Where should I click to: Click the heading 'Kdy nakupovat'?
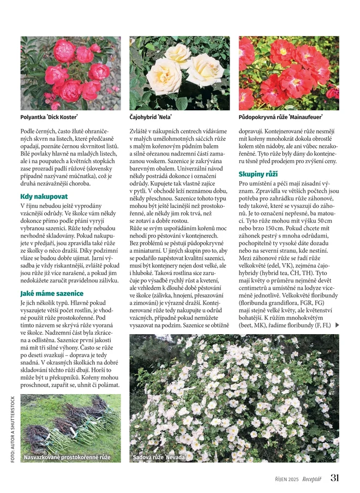(x=44, y=196)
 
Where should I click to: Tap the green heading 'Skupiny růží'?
(x=258, y=174)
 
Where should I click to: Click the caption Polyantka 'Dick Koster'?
(x=49, y=117)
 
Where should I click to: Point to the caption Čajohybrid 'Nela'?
(x=151, y=117)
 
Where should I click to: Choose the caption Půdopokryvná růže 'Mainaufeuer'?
(x=280, y=117)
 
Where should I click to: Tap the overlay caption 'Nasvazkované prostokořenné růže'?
(x=67, y=457)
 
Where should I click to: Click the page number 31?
(x=334, y=478)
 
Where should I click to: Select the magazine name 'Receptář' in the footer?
(x=312, y=479)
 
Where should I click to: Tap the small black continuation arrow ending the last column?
(x=337, y=325)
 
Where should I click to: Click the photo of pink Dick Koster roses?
(x=70, y=73)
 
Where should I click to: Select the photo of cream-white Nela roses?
(x=179, y=73)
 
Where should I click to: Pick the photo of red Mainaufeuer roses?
(x=289, y=73)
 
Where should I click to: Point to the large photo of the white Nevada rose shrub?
(x=234, y=398)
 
